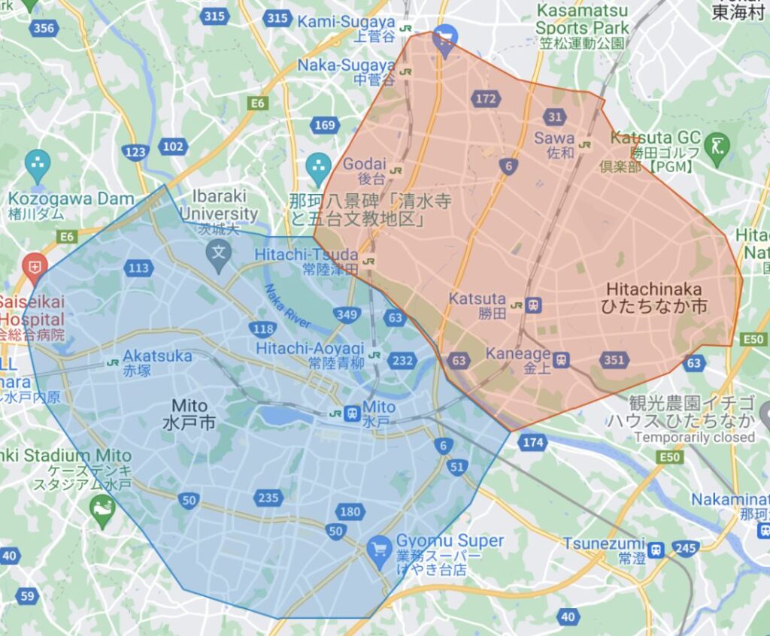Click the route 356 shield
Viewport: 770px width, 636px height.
pyautogui.click(x=45, y=28)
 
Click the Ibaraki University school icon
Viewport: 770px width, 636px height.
pyautogui.click(x=220, y=249)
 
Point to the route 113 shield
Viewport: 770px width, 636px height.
pyautogui.click(x=139, y=268)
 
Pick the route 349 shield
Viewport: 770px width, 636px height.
pyautogui.click(x=346, y=314)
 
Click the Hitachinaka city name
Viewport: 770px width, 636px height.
pyautogui.click(x=653, y=298)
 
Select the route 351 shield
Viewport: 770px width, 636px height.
pyautogui.click(x=614, y=360)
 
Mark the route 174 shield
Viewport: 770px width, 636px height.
pyautogui.click(x=532, y=442)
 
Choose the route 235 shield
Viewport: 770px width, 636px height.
pyautogui.click(x=268, y=498)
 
